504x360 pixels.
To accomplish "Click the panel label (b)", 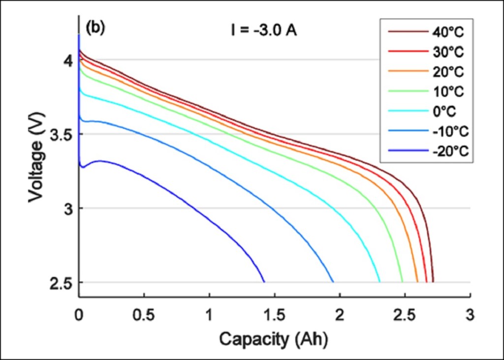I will tap(95, 28).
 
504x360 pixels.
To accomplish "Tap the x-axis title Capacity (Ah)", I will tap(273, 338).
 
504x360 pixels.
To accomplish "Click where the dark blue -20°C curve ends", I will tap(264, 282).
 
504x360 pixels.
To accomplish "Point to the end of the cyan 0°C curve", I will tap(379, 282).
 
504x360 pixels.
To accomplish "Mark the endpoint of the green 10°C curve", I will tap(402, 282).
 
